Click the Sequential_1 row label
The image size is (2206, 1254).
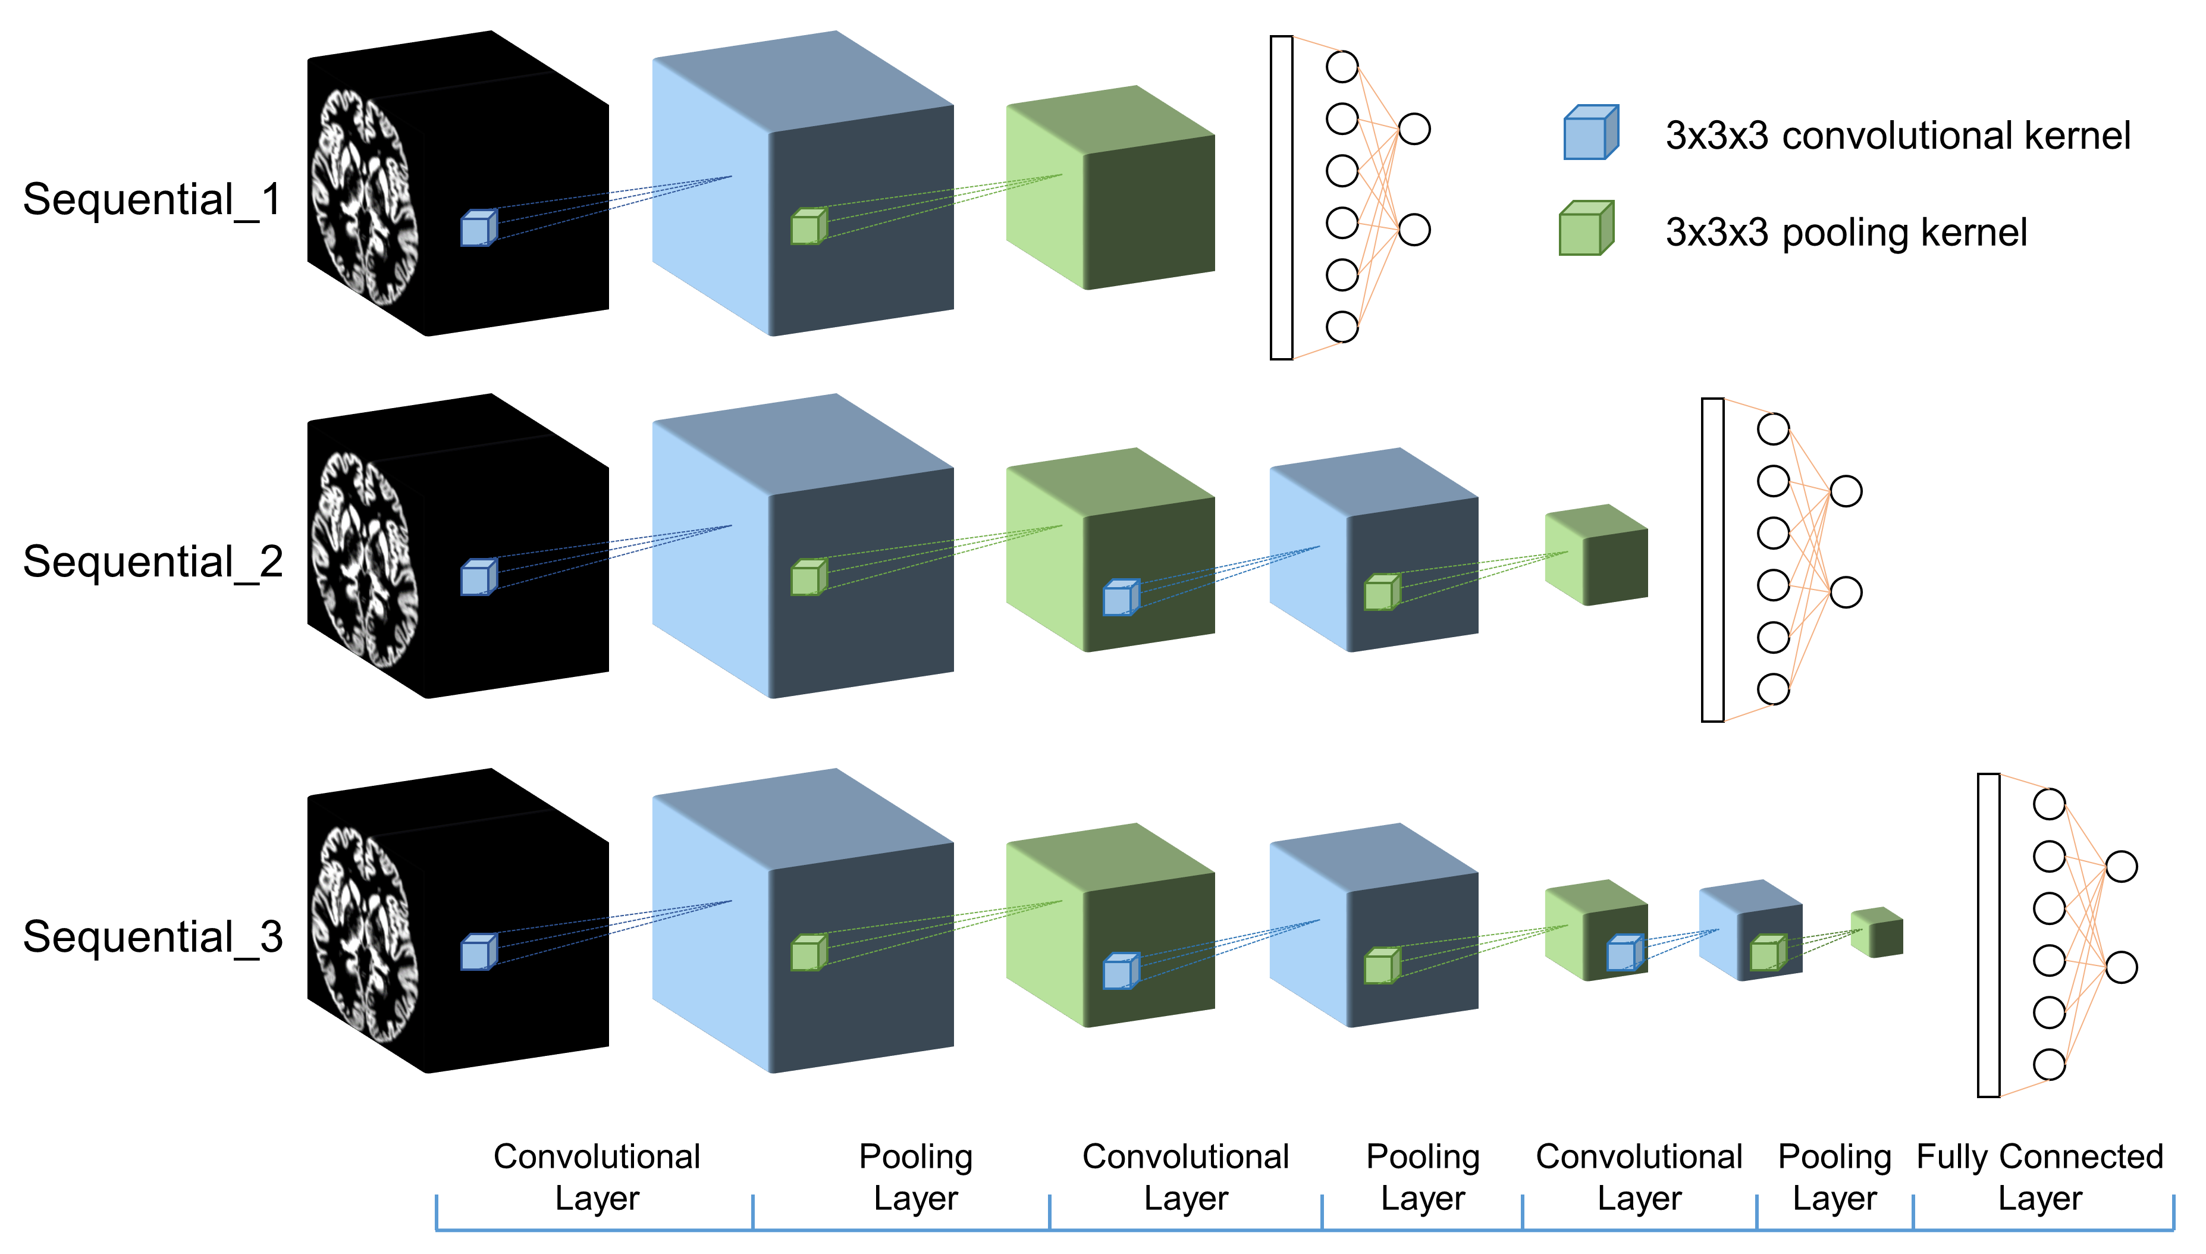click(152, 200)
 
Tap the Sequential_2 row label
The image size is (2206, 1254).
click(152, 562)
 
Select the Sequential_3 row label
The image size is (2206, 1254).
click(152, 937)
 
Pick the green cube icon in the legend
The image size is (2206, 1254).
click(1585, 228)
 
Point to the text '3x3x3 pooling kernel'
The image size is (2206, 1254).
click(1845, 233)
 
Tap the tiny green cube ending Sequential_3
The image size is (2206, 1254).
click(1876, 932)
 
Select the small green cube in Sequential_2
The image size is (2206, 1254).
click(1596, 556)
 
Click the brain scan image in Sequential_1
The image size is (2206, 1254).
click(366, 198)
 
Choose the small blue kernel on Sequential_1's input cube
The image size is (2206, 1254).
click(479, 228)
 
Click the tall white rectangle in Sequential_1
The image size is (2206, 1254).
click(1281, 198)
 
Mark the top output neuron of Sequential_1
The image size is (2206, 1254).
click(1414, 129)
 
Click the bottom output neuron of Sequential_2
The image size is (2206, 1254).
click(1845, 592)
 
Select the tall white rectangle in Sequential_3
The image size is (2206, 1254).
click(1988, 935)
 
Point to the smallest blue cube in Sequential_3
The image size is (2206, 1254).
click(1750, 930)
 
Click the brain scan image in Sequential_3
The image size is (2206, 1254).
click(366, 935)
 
